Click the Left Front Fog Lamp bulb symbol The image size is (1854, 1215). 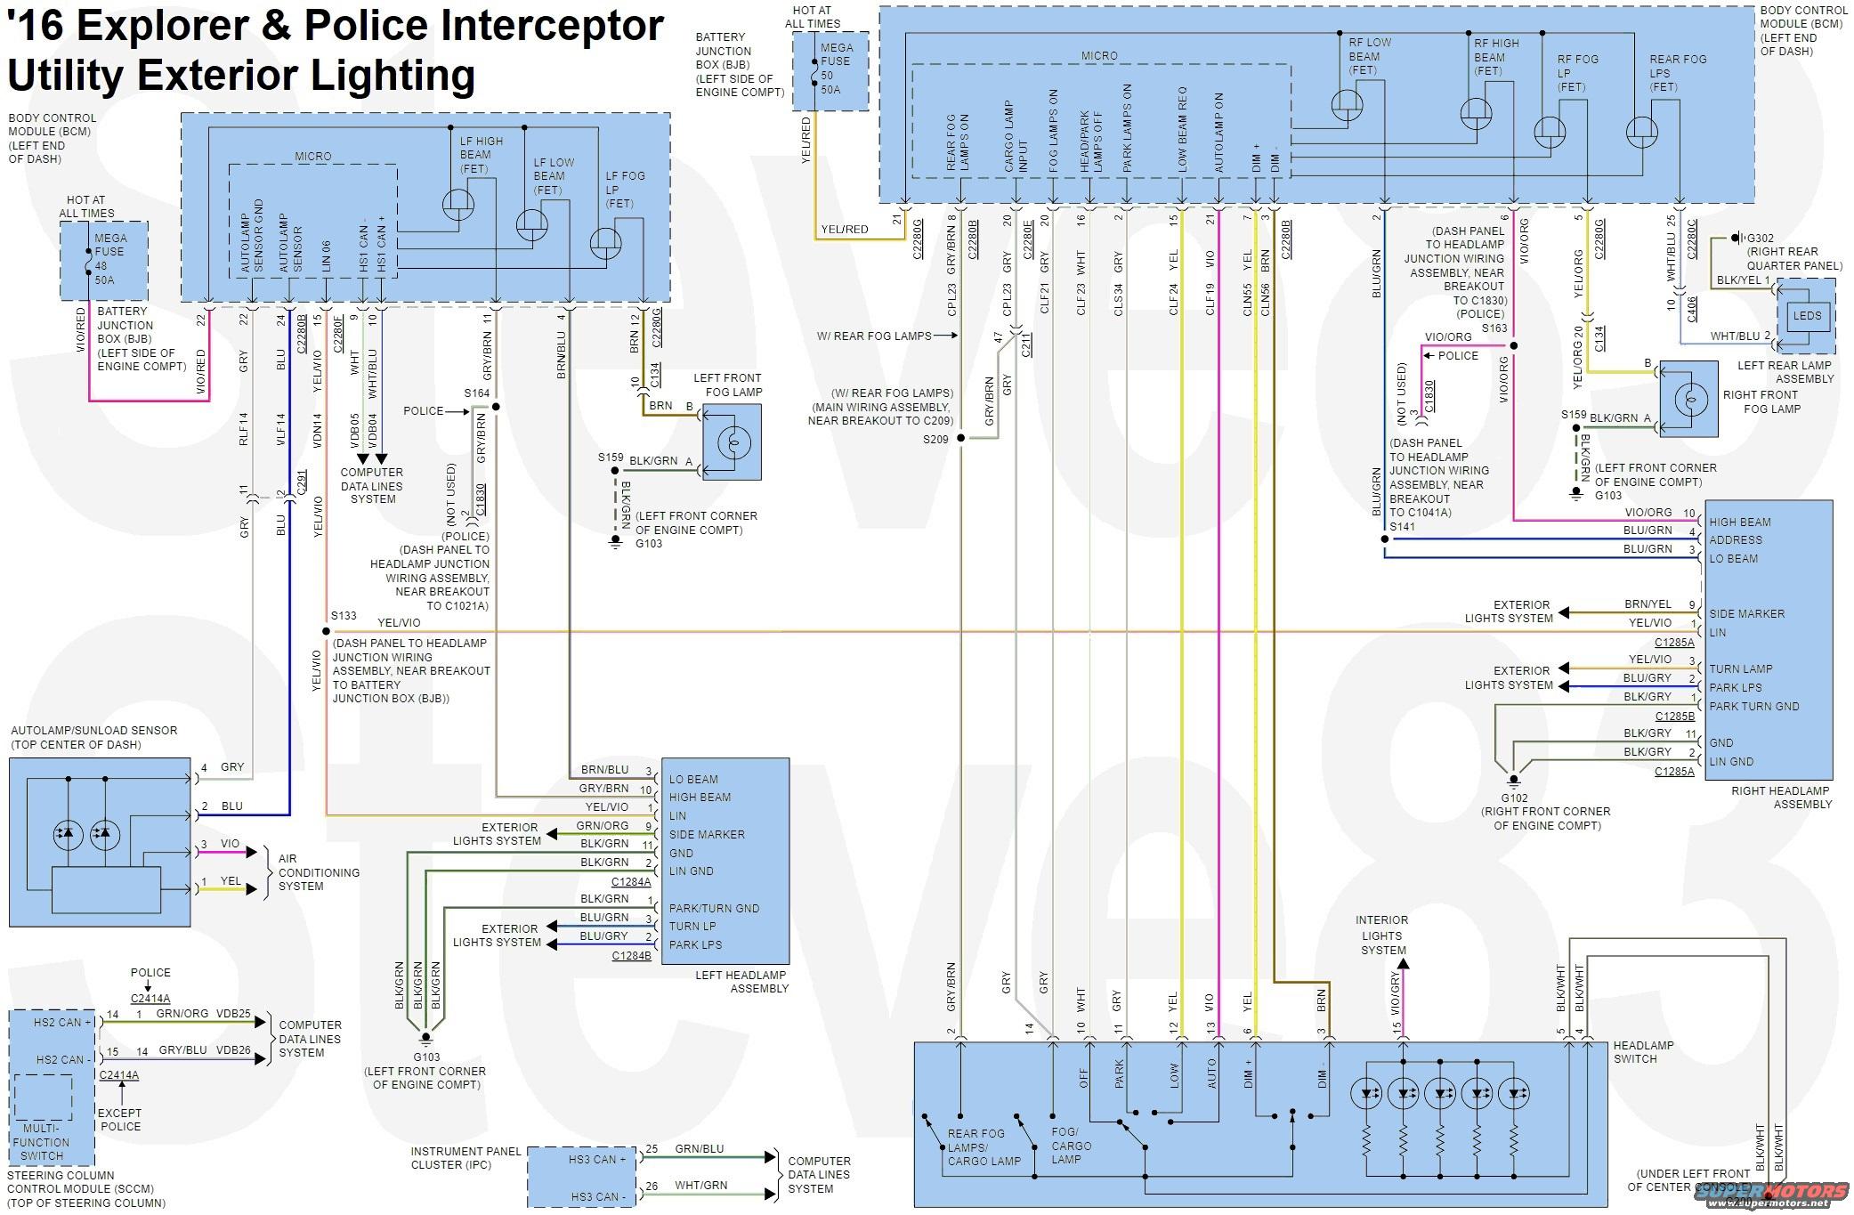tap(733, 442)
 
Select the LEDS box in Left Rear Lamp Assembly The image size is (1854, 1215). tap(1807, 316)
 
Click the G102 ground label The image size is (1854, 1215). tap(1514, 798)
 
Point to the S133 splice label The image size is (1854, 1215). tap(344, 616)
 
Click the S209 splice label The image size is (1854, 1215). tap(935, 439)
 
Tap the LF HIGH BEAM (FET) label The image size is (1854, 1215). tap(481, 155)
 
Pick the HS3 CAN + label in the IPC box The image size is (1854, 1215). tap(597, 1160)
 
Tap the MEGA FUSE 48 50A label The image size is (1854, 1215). tap(110, 259)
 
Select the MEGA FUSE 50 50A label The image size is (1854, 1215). tap(836, 69)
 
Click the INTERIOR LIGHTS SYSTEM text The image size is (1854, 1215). tap(1381, 936)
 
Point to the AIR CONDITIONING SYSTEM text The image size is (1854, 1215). tap(319, 872)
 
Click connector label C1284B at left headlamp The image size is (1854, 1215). tap(631, 957)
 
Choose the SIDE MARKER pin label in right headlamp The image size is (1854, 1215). tap(1746, 614)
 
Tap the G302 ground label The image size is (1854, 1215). tap(1761, 239)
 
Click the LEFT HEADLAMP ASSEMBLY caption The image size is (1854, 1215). tap(741, 982)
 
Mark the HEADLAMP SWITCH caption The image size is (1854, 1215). tap(1643, 1052)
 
